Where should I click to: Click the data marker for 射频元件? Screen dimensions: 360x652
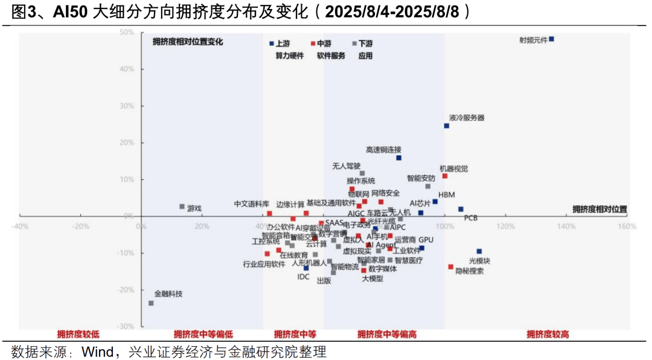[x=551, y=39]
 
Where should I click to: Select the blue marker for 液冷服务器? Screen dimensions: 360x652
[x=447, y=126]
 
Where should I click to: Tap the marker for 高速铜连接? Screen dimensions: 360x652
[x=398, y=158]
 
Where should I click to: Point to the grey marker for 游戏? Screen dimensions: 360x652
[x=182, y=207]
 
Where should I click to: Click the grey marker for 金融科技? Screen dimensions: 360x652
[x=151, y=303]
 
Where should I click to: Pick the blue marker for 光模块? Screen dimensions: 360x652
[x=479, y=251]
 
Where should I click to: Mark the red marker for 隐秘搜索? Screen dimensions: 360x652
[x=450, y=266]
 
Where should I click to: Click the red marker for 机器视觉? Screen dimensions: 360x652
[x=445, y=176]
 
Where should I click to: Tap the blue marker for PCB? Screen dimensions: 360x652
[x=461, y=209]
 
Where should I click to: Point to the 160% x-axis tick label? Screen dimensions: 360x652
[x=627, y=227]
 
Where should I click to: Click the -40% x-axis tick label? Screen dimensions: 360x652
[x=20, y=227]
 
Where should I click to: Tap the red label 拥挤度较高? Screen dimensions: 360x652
[x=548, y=334]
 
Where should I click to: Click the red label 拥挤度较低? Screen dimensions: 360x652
[x=78, y=334]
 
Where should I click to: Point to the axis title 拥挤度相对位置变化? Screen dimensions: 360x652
[x=188, y=42]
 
